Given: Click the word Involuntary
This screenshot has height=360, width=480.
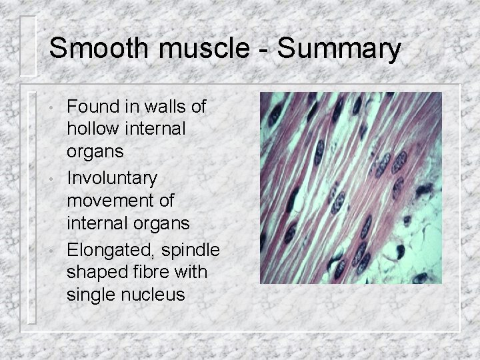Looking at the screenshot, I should [112, 179].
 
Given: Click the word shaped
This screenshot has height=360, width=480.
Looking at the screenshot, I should [93, 273].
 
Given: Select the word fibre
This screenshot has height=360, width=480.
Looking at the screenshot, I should [144, 273].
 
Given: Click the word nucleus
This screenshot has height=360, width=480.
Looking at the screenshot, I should [151, 294].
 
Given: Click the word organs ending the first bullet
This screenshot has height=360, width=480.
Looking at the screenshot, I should [95, 151].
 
